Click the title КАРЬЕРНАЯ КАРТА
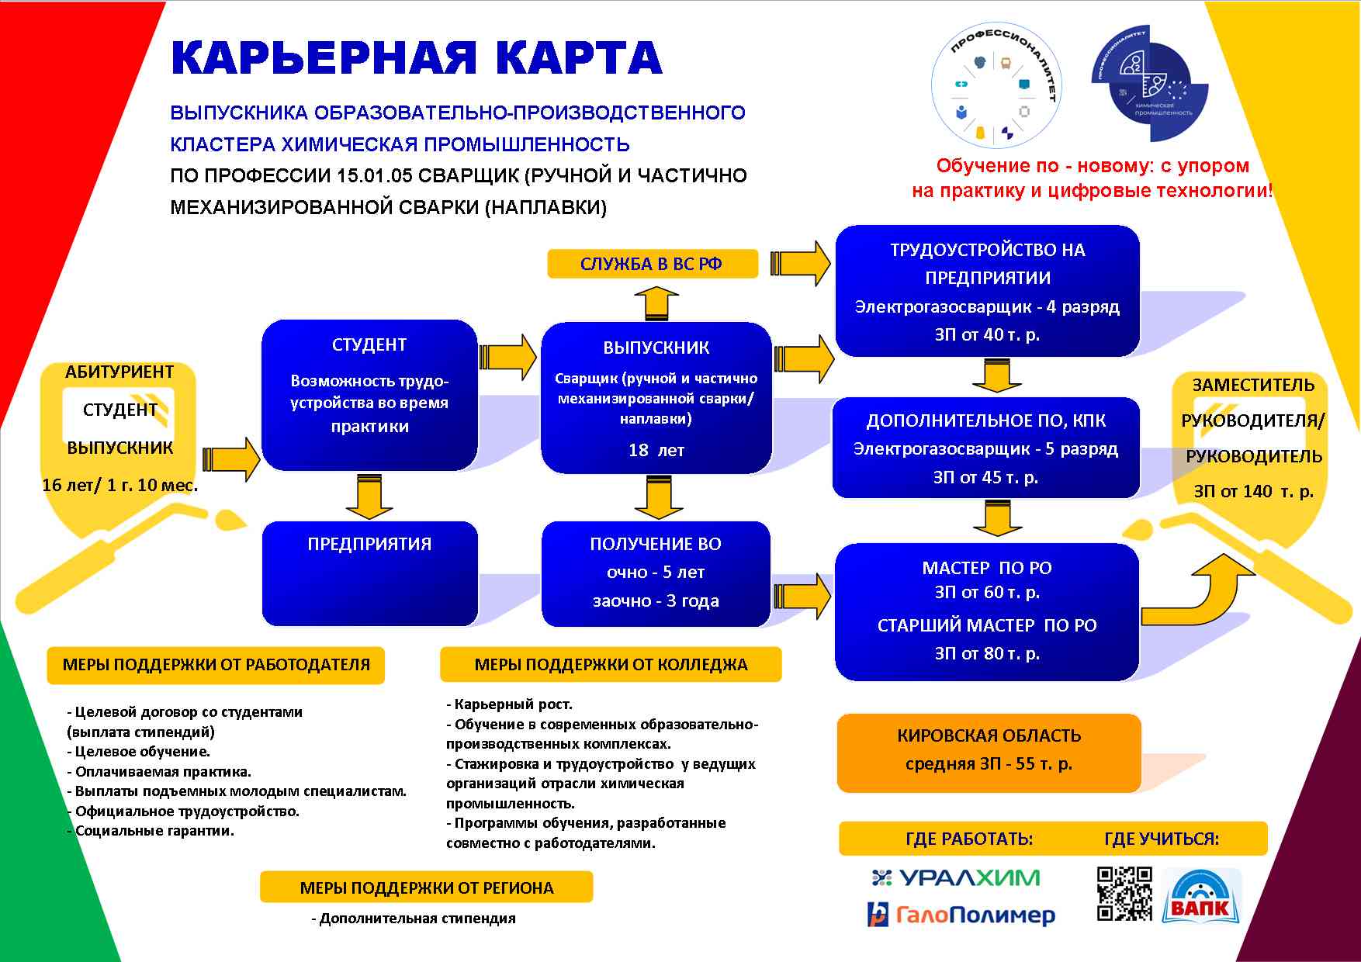coord(417,58)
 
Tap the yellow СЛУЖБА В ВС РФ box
coord(652,264)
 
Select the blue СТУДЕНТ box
coord(369,395)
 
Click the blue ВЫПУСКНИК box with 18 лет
coord(656,398)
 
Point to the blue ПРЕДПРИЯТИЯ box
coord(369,573)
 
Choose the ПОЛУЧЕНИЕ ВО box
coord(656,573)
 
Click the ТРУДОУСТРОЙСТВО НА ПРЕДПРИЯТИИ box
coord(987,291)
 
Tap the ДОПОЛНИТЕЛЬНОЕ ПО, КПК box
coord(985,448)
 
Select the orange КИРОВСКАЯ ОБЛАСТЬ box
coord(989,753)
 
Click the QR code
coord(1124,894)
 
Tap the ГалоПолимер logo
coord(961,915)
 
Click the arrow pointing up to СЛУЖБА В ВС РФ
coord(656,303)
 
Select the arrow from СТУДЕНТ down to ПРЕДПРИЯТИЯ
coord(369,497)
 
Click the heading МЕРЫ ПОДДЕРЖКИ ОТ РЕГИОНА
coord(427,888)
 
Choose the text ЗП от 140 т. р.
coord(1254,491)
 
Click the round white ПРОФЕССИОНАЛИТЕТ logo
coord(996,86)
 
